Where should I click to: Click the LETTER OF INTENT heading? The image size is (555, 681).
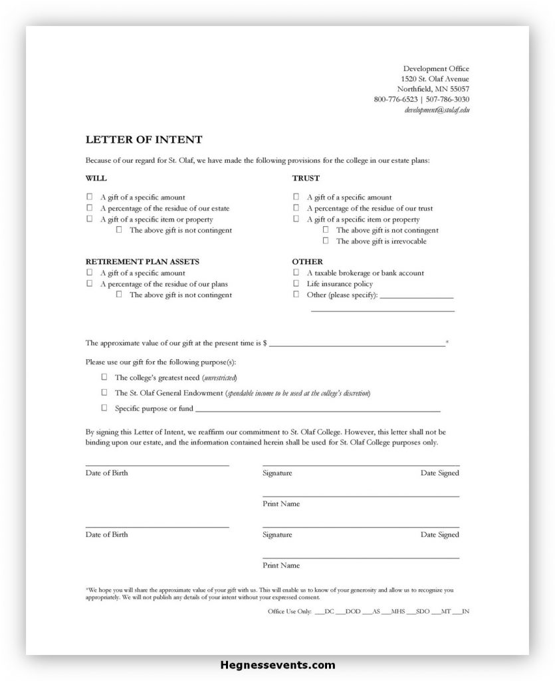pos(144,140)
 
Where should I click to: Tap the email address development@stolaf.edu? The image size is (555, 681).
pos(437,110)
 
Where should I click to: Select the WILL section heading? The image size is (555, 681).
pos(96,178)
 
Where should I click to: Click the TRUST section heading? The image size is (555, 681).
pos(306,178)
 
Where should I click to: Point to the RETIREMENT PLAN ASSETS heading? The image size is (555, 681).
pos(142,262)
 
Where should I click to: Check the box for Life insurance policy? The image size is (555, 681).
pos(296,283)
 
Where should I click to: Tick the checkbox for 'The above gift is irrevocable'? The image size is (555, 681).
pos(326,241)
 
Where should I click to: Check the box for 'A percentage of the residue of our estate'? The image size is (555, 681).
pos(90,208)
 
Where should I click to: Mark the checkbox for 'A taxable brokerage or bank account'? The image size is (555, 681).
pos(296,273)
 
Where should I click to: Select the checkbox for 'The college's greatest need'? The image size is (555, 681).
pos(104,377)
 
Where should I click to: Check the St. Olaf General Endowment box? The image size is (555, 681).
pos(104,393)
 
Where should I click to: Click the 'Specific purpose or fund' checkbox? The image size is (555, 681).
pos(104,408)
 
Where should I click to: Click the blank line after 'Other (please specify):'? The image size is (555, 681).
pos(417,295)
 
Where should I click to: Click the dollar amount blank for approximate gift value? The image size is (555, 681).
pos(357,344)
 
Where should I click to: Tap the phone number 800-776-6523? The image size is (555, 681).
pos(395,99)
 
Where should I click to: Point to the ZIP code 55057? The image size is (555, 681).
pos(459,88)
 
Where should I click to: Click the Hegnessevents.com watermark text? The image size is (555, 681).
pos(277,665)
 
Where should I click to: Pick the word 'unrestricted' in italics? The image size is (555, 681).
pos(219,378)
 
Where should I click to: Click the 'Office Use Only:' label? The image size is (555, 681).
pos(289,611)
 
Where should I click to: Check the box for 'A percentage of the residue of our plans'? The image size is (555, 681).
pos(90,283)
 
